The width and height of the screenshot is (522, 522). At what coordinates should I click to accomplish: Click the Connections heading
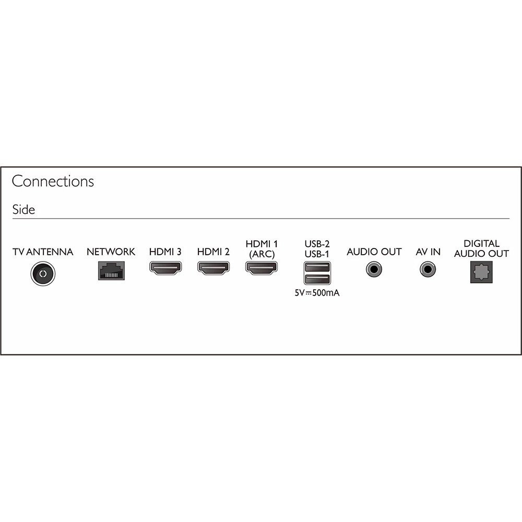pos(53,182)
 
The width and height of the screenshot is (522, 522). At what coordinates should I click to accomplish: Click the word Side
pos(23,209)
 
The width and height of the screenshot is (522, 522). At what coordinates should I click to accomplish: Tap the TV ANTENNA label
pos(43,252)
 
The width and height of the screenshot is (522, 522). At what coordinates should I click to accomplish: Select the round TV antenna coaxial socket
pos(43,274)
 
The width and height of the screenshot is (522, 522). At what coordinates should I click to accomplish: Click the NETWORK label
pos(111,252)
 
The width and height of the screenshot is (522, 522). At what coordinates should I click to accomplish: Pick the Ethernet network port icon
pos(112,270)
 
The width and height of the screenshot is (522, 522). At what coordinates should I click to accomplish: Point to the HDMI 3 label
pos(165,252)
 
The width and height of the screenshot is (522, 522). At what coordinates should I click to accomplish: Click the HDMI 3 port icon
pos(165,268)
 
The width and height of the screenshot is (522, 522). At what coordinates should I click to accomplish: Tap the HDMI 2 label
pos(213,252)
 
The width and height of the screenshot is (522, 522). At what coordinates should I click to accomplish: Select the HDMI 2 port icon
pos(213,268)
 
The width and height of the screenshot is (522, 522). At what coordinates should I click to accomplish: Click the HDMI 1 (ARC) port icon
pos(262,268)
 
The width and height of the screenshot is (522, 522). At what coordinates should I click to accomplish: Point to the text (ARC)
pos(262,254)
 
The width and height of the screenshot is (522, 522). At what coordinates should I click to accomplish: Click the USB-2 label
pos(317,244)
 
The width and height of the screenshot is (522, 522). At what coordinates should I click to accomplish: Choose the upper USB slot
pos(317,267)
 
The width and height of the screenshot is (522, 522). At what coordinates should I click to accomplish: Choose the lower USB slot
pos(317,279)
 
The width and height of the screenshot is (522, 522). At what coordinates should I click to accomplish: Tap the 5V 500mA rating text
pos(317,293)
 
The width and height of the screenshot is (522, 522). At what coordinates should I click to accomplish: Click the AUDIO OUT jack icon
pos(374,269)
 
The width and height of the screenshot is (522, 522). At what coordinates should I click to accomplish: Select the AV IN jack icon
pos(428,269)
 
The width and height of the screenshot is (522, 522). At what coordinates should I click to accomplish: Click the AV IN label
pos(428,252)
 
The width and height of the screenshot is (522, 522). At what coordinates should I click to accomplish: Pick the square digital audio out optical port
pos(481,272)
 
